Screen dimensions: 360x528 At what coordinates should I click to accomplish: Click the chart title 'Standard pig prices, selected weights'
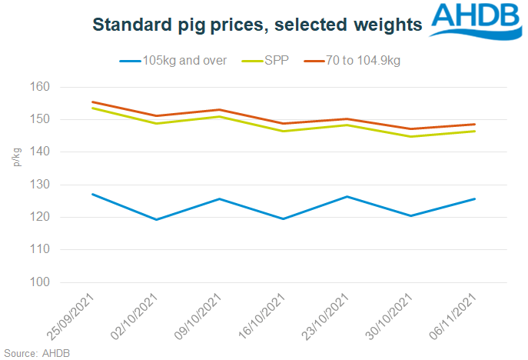(257, 25)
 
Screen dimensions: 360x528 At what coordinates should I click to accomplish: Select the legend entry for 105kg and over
(173, 60)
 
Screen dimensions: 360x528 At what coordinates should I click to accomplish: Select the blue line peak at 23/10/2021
(348, 196)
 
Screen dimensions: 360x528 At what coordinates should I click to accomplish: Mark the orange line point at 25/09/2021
(93, 102)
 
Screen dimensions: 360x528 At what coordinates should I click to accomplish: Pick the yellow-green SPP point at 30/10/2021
(411, 137)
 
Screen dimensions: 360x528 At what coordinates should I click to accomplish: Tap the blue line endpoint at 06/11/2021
(474, 198)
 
